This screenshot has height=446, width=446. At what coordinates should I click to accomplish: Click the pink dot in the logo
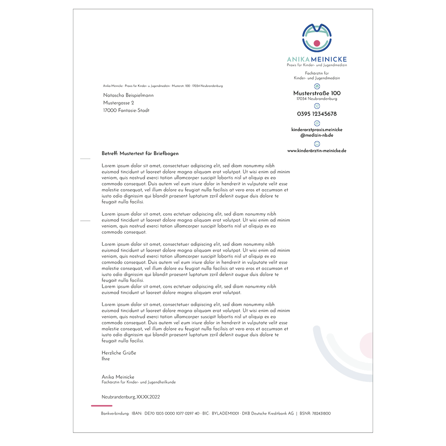point(317,43)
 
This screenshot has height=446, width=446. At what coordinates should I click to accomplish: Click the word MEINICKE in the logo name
point(329,59)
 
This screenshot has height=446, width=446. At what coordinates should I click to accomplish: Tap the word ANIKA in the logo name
point(299,59)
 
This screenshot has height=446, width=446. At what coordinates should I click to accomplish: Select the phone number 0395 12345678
point(317,114)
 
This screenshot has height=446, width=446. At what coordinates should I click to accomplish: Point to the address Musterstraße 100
point(317,93)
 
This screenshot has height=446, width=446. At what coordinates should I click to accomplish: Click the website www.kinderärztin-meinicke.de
point(317,151)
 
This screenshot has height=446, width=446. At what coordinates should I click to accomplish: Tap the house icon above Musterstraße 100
point(317,86)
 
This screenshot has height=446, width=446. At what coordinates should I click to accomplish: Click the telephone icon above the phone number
point(317,106)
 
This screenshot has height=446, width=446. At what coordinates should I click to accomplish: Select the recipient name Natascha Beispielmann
point(128,95)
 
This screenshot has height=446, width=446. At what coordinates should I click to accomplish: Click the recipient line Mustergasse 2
point(119,103)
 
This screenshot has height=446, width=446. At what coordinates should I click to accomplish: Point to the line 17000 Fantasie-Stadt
point(126,110)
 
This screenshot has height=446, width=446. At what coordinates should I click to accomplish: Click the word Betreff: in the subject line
point(110,153)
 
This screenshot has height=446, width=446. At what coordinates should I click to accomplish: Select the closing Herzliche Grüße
point(119,353)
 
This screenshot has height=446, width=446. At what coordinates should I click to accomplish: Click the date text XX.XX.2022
point(148,397)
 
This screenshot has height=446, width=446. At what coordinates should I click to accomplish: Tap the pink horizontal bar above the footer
point(101,406)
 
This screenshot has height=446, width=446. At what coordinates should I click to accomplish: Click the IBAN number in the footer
point(172,413)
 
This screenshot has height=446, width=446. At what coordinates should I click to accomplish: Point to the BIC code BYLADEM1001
point(225,413)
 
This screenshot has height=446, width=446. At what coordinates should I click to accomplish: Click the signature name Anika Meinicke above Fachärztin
point(118,377)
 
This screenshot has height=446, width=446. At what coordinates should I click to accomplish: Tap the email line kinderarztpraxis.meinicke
point(317,130)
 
